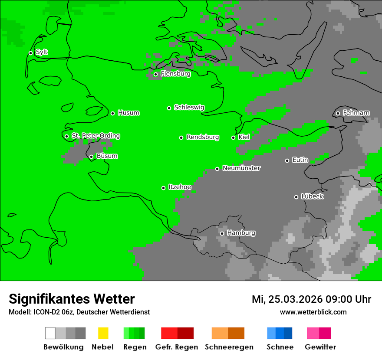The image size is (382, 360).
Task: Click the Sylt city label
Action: coord(42,52)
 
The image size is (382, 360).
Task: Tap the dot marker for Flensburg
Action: coord(155,74)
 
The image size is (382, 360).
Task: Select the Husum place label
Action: coord(128,113)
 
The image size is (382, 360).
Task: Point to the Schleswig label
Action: coord(189,107)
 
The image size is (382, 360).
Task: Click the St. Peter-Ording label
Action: coord(95,136)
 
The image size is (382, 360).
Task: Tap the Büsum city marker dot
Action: coord(91,157)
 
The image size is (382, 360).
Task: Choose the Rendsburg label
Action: coord(203,137)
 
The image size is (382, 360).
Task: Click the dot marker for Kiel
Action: coord(233,137)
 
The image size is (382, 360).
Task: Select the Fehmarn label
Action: coord(356,113)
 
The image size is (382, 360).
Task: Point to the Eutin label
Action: coord(300,160)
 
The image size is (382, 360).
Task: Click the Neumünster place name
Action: coord(241,168)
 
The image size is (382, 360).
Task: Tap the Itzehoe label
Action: coord(180,187)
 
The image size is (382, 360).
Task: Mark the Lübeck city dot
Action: coord(296,197)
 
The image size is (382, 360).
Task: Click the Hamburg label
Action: coord(241,233)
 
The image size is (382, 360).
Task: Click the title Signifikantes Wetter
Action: coord(72,299)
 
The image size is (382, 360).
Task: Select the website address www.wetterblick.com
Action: coord(313,312)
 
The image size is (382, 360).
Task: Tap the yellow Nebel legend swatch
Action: coord(103,333)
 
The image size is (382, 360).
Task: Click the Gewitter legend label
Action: coord(320,347)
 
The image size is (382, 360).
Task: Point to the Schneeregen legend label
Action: coord(229,347)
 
